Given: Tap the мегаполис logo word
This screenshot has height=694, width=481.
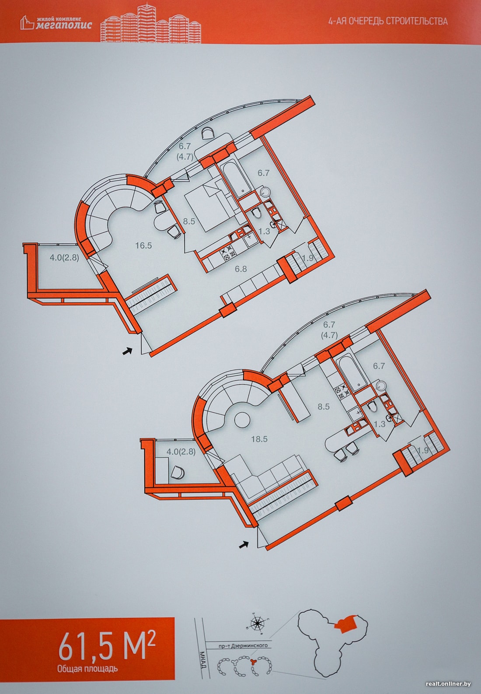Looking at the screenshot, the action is click(64, 25).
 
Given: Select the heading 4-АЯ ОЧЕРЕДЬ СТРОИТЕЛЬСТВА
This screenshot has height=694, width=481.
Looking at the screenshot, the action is click(388, 21).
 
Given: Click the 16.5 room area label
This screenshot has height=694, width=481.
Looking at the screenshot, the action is click(143, 245).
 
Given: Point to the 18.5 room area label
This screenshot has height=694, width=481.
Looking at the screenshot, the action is click(259, 439).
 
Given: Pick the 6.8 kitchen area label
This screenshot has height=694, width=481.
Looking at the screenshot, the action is click(240, 269).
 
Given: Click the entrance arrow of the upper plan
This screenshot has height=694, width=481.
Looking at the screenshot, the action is click(127, 351).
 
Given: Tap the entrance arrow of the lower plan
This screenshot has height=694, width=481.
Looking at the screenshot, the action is click(244, 544).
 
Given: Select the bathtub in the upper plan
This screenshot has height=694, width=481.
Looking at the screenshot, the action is click(237, 178).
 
